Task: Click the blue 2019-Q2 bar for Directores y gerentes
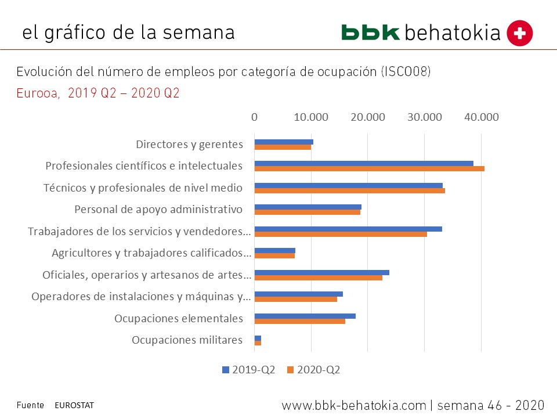point(284,142)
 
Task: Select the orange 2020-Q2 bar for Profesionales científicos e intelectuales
point(369,169)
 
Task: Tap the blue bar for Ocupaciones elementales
point(305,316)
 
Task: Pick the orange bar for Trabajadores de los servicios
point(341,234)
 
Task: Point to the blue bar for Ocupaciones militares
point(258,338)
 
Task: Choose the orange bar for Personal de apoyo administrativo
point(307,212)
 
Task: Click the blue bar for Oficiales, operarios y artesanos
point(321,272)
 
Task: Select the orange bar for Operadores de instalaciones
point(295,300)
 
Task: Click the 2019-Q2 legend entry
point(249,370)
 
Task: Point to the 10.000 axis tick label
point(311,117)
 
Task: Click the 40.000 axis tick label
point(481,117)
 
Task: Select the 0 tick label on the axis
point(255,117)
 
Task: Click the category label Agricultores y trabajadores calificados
point(151,253)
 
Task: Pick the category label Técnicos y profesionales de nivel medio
point(143,188)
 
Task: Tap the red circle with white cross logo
point(520,33)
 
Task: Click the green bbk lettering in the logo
point(370,33)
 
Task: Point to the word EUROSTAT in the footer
point(74,405)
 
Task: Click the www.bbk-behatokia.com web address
point(354,405)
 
